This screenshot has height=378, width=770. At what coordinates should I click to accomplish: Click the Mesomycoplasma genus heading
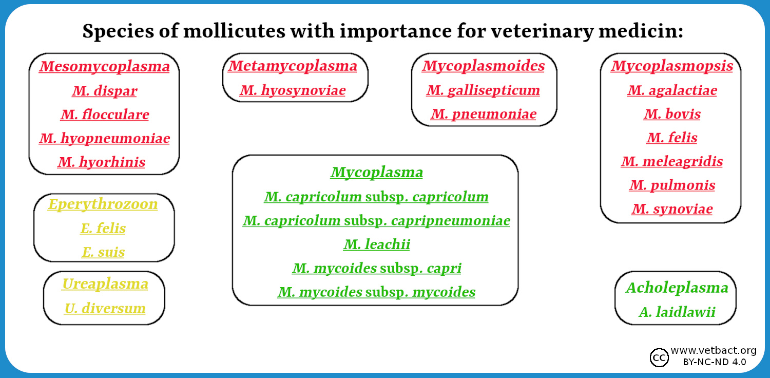point(104,66)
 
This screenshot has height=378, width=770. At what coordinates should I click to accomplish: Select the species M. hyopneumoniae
point(104,138)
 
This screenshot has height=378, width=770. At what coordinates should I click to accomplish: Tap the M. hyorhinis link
point(102,162)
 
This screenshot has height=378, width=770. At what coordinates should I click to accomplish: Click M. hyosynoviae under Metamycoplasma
point(293,90)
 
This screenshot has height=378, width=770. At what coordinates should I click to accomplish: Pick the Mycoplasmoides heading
point(484,66)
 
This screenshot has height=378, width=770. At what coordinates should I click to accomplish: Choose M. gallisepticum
point(483,90)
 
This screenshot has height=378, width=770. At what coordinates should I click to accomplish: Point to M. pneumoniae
point(484,114)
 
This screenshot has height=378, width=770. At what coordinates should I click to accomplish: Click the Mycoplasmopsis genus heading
point(671,66)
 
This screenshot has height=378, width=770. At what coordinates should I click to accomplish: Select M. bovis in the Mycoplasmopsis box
point(672,114)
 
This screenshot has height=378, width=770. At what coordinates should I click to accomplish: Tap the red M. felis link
point(671,138)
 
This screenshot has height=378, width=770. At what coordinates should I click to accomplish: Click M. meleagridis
point(671,161)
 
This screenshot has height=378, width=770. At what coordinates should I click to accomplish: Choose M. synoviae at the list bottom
point(672,209)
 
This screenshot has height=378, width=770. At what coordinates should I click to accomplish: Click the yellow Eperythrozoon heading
point(103,204)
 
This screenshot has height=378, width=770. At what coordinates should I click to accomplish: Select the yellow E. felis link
point(103,228)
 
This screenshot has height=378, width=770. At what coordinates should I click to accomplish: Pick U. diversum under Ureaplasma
point(105,308)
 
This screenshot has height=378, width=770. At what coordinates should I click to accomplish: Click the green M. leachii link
point(376,244)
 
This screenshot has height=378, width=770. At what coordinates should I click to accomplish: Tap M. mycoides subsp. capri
point(376,268)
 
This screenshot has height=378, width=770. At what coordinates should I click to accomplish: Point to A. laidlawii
point(677,312)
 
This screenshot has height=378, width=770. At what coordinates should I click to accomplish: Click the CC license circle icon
point(659,357)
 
